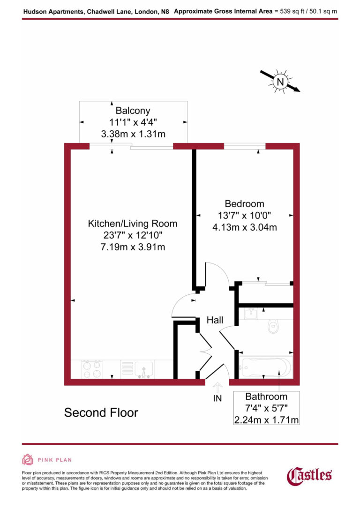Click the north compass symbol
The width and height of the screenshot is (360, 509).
pos(280,82)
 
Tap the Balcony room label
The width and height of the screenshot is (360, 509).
pos(133,111)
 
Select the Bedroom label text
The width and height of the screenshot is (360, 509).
pos(244,204)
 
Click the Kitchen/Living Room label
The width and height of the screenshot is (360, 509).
pos(133,224)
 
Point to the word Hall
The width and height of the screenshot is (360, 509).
pos(215,321)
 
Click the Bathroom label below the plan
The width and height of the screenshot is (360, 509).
pos(266,397)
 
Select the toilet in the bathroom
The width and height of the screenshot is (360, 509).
pos(273,327)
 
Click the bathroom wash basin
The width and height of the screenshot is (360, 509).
pos(251,313)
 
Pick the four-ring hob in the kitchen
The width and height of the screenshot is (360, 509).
pos(92,368)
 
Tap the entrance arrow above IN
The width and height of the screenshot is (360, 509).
pos(217,388)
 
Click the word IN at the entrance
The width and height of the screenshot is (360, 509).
pos(217,399)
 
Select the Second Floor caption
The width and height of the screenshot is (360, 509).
pos(101,413)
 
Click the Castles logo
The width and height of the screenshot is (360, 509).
pos(309,475)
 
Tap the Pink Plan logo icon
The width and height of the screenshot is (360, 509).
pos(28,460)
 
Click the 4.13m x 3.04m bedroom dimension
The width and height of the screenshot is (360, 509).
pos(244,228)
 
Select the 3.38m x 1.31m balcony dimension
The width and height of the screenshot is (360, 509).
pos(133,134)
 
